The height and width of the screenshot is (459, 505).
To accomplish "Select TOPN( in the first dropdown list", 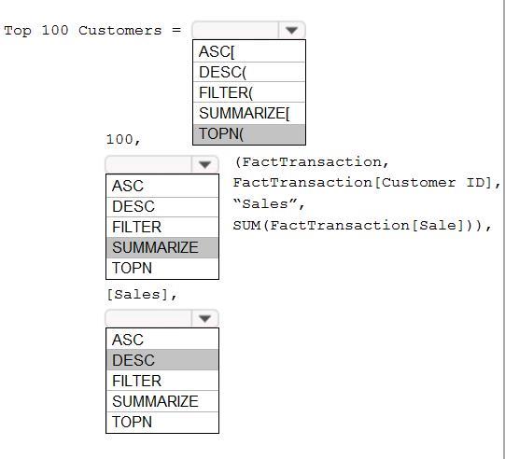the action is tap(249, 134).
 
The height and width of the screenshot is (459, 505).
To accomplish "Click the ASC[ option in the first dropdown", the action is tap(249, 51).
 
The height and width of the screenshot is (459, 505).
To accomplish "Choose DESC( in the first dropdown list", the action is tap(249, 72).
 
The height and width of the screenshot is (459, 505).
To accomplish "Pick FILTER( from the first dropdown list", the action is tap(249, 92).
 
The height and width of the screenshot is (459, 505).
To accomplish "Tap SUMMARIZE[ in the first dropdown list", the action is tap(249, 113).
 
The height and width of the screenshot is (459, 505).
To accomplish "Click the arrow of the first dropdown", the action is tap(291, 30).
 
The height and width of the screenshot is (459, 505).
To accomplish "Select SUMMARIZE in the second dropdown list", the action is tap(162, 247).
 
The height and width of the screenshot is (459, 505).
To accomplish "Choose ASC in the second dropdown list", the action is tap(162, 186).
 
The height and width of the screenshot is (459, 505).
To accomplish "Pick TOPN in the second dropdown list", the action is tap(162, 268).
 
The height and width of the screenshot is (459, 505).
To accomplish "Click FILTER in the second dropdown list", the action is tap(162, 227).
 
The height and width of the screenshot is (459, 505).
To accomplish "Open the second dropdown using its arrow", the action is tap(204, 164).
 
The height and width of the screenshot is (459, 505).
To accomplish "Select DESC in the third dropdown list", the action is tap(162, 360).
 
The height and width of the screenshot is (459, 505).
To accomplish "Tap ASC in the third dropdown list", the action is tap(162, 340).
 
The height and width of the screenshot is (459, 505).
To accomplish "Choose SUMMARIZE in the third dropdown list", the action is tap(162, 401).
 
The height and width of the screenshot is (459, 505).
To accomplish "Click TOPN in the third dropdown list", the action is tap(162, 422).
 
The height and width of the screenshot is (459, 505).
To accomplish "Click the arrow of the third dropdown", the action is tap(204, 318).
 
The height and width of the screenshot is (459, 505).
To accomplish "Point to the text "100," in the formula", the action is tap(123, 139).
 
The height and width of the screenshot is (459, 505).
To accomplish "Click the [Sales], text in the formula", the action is tap(142, 295).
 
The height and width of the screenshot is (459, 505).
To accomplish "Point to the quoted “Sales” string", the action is tap(265, 203).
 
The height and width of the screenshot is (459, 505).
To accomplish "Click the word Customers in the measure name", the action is tap(120, 31).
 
